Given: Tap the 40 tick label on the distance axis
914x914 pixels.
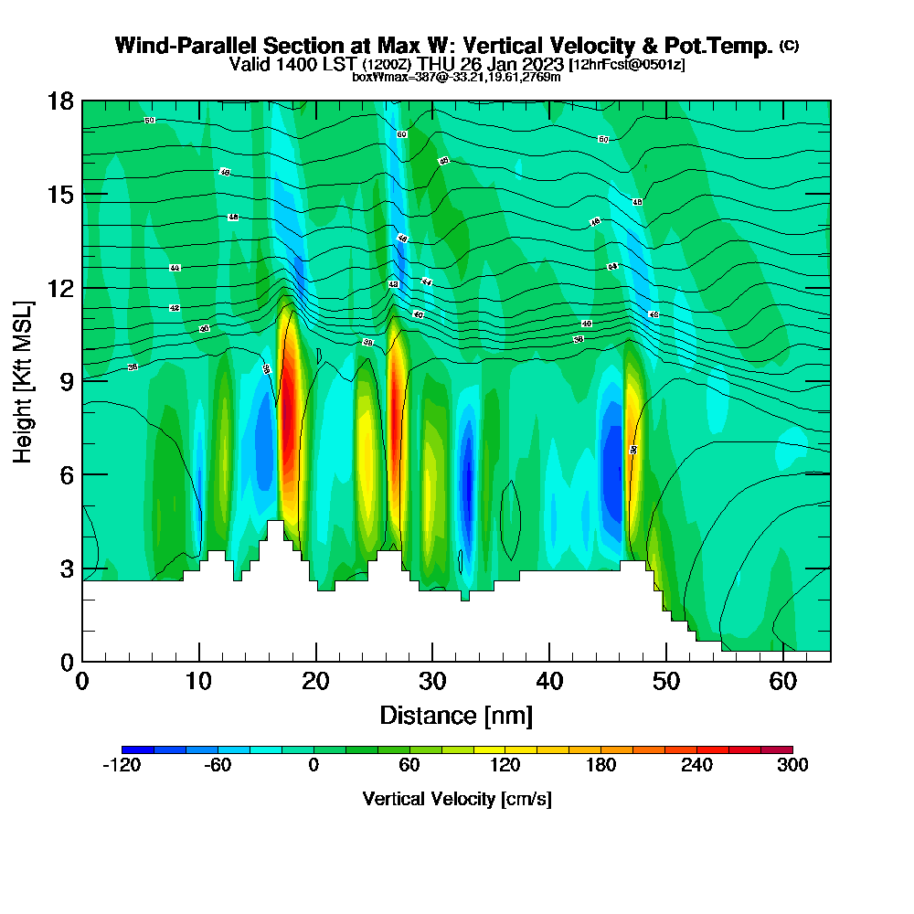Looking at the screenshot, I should [549, 682].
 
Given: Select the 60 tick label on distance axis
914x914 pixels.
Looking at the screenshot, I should [782, 682].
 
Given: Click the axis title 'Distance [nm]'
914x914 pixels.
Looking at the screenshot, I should [456, 715].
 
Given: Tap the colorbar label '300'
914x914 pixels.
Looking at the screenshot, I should [792, 766].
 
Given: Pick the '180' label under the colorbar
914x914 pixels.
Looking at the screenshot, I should [600, 766].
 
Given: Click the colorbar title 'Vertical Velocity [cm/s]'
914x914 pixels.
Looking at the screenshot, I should [456, 799].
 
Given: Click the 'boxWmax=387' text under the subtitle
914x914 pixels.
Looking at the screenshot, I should [389, 77].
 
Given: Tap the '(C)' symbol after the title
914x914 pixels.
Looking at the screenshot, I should [789, 46].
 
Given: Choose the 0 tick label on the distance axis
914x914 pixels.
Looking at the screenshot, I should [82, 682].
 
